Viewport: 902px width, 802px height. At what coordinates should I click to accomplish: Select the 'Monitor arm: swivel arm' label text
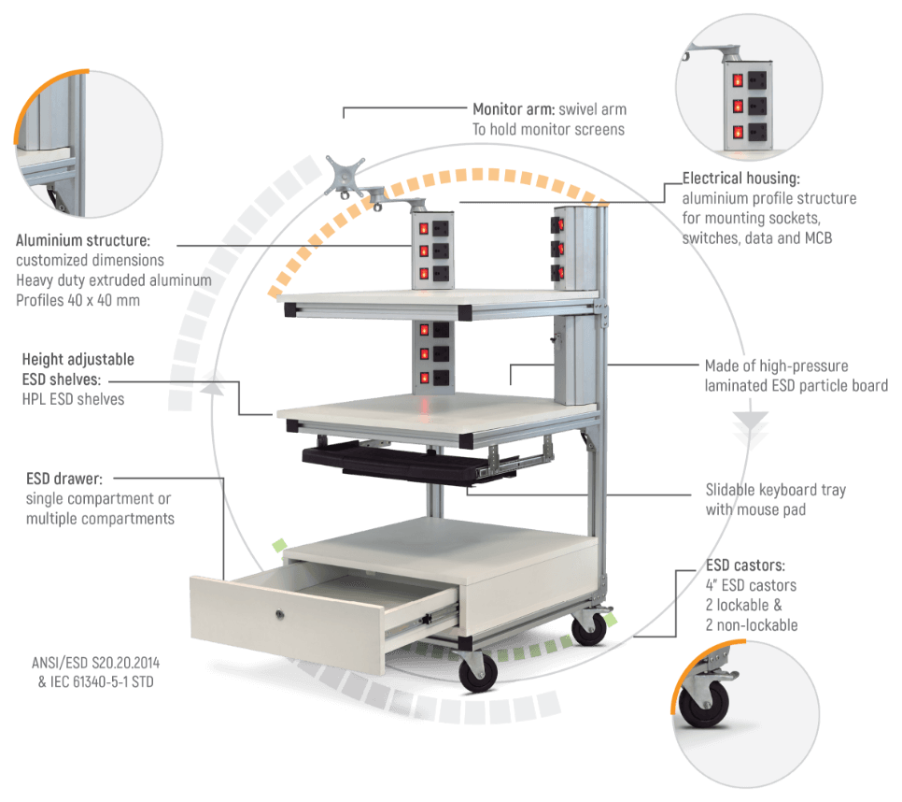pos(549,108)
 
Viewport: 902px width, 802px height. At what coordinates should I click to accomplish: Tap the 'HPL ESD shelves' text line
pos(73,399)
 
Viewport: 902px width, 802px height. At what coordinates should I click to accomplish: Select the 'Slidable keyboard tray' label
pos(775,490)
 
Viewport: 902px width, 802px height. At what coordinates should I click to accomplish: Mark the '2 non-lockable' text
pos(753,625)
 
